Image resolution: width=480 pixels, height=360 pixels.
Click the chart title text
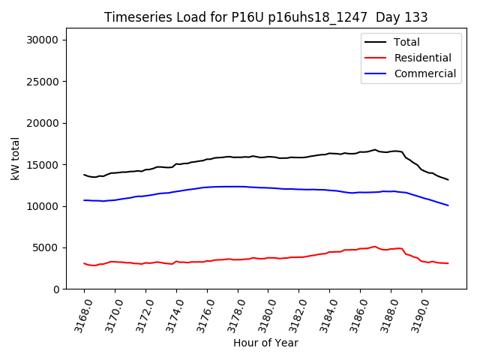[x=259, y=17]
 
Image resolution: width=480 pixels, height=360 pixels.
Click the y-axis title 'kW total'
[x=16, y=158]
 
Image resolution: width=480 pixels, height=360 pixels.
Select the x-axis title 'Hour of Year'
[x=265, y=343]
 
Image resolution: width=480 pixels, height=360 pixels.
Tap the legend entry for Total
[x=406, y=42]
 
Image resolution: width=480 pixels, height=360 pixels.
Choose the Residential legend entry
[x=422, y=58]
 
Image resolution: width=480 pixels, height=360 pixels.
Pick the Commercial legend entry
[x=424, y=73]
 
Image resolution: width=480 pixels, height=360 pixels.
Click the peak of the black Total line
[x=375, y=149]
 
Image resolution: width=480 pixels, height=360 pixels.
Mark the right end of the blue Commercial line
[x=448, y=205]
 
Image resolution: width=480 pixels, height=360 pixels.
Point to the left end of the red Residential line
[x=84, y=263]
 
